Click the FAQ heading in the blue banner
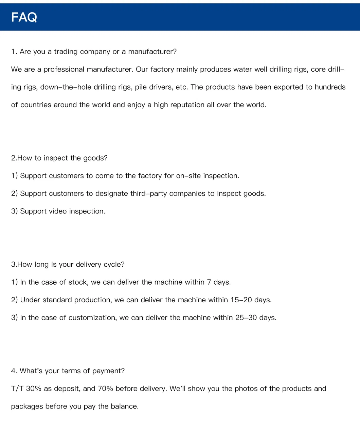pos(24,17)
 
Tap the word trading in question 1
pos(66,52)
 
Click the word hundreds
pos(330,87)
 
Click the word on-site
pos(188,176)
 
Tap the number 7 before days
pos(209,282)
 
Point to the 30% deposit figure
pos(34,389)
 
